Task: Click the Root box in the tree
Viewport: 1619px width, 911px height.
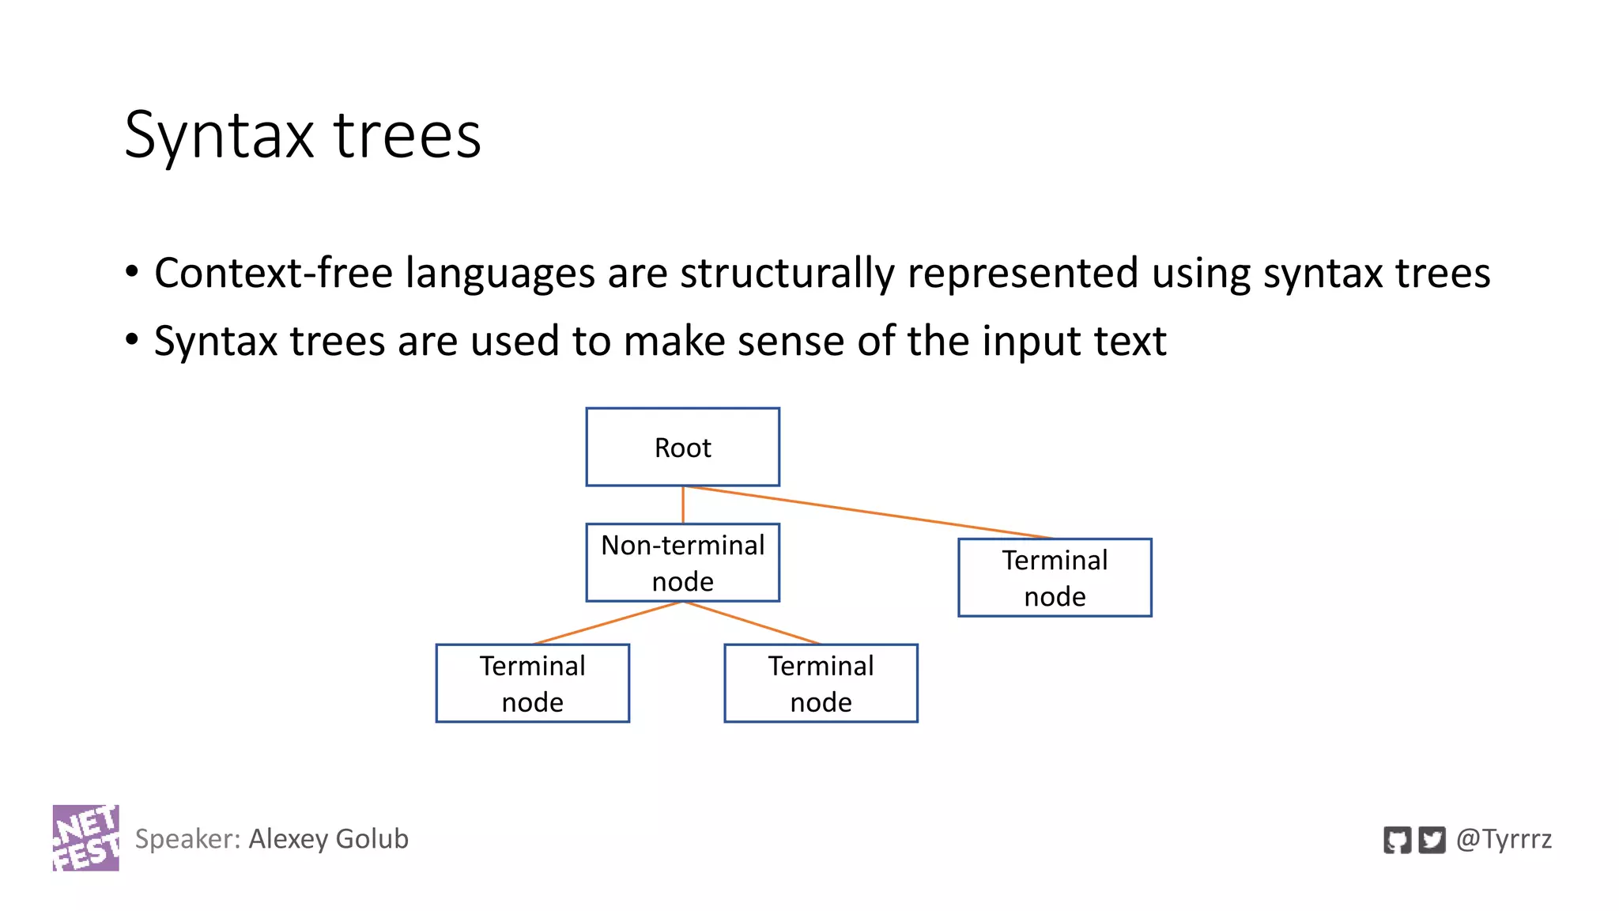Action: click(682, 447)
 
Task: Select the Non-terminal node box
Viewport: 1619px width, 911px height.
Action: click(682, 562)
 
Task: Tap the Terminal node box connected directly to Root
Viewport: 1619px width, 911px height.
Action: click(1055, 577)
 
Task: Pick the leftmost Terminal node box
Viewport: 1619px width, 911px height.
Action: click(532, 683)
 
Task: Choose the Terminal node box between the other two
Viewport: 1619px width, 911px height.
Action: click(821, 683)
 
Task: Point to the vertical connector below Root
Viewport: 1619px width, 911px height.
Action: click(683, 505)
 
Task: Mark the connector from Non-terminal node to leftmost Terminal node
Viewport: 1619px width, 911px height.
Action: click(607, 623)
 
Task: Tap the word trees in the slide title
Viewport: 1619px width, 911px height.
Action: click(407, 135)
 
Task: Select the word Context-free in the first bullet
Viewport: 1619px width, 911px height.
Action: click(274, 273)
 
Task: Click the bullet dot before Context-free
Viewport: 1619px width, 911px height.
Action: click(132, 272)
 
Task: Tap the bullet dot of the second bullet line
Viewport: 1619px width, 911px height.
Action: click(132, 340)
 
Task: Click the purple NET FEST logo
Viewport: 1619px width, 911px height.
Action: click(85, 837)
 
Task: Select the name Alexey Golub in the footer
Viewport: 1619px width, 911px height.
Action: click(328, 838)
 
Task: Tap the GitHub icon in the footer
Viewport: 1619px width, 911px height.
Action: click(1397, 840)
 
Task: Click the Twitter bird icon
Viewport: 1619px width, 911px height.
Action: click(1432, 840)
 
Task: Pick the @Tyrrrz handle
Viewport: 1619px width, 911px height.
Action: click(1504, 838)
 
